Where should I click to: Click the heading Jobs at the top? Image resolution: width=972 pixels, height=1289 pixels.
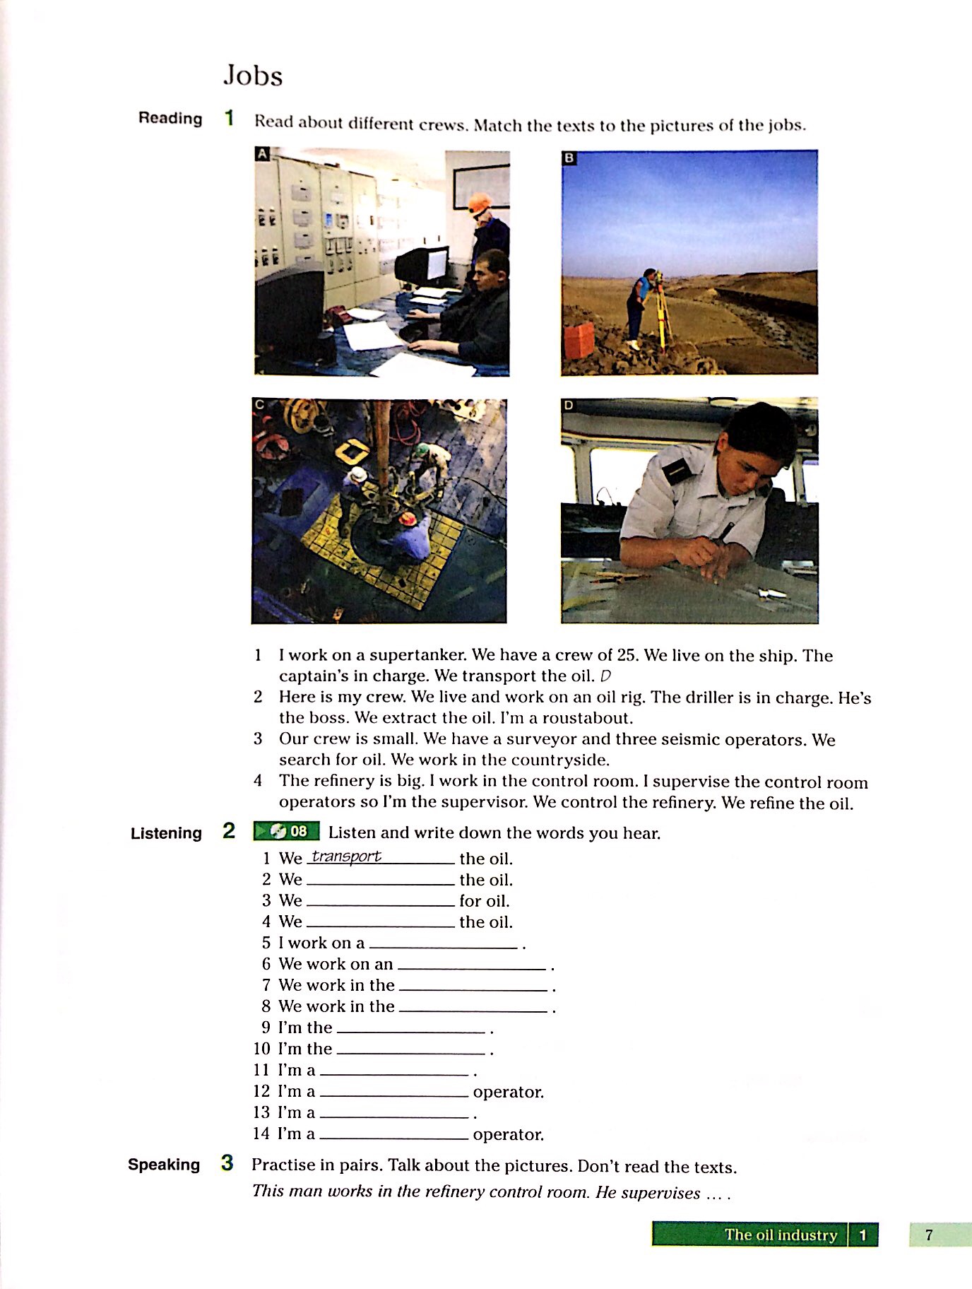pos(253,76)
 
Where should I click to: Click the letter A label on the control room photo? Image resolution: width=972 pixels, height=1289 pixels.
pos(262,154)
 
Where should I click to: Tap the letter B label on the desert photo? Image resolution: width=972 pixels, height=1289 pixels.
pos(569,158)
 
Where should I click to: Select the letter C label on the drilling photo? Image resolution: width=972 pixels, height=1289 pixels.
pos(259,405)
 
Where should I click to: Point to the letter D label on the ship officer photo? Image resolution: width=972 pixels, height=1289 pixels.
pos(569,405)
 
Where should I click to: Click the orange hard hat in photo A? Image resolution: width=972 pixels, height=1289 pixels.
pos(480,202)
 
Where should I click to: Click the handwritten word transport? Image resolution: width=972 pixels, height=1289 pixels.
pos(346,856)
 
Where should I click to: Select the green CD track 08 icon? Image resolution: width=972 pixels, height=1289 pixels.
pos(286,831)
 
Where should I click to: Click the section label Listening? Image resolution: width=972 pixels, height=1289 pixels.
pos(166,833)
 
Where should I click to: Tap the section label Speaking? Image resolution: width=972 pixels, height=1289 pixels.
pos(164,1165)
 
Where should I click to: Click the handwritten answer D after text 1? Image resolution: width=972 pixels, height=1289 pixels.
pos(605,676)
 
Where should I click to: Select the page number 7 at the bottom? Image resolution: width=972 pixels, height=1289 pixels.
pos(929,1235)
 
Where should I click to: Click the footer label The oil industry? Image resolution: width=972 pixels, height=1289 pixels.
pos(780,1235)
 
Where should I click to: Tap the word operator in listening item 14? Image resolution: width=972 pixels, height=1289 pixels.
pos(508,1134)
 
